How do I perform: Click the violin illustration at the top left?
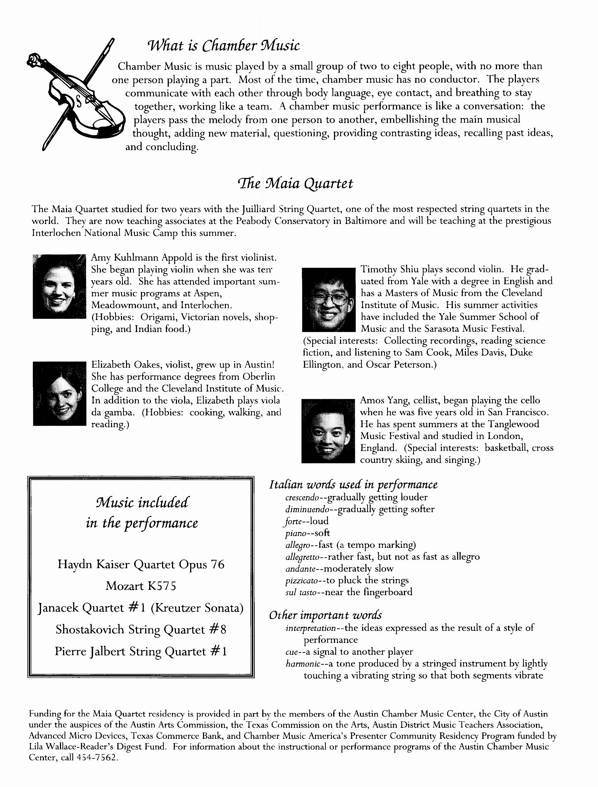(x=75, y=96)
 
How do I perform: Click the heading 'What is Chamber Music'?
(x=223, y=46)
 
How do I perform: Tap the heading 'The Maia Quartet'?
(x=295, y=184)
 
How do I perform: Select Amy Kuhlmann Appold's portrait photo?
(x=59, y=286)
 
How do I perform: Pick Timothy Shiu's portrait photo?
(x=329, y=300)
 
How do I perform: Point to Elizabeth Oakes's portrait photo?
(x=60, y=393)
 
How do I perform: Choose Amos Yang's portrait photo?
(x=328, y=431)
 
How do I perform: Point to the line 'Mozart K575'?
(x=141, y=586)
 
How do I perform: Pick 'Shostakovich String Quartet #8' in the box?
(x=141, y=629)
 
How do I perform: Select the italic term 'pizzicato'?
(x=302, y=581)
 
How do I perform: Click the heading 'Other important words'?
(x=325, y=615)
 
